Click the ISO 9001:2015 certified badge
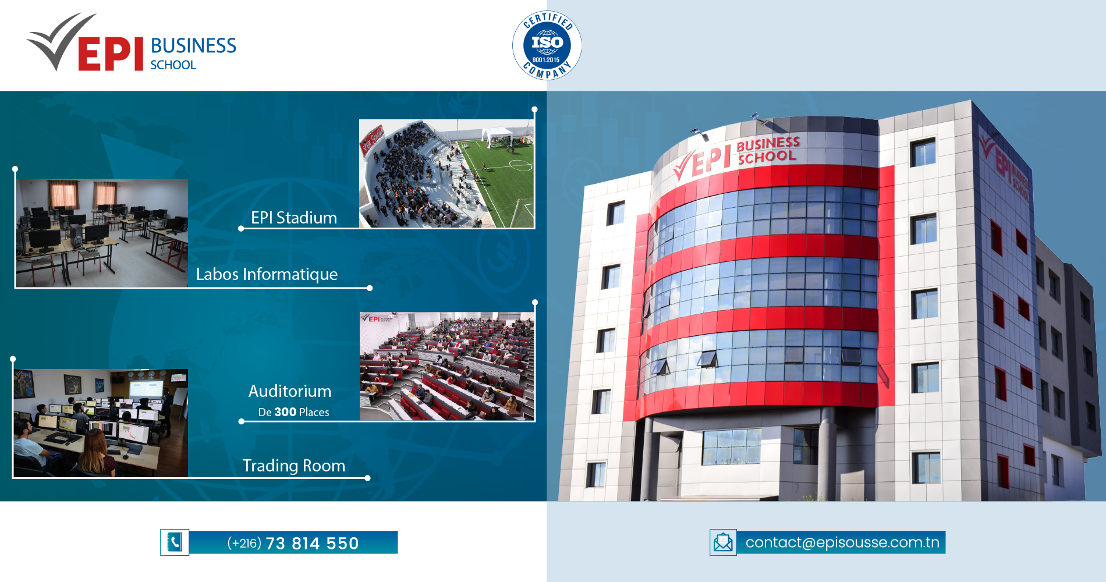[x=547, y=45]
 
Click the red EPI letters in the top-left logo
[x=111, y=54]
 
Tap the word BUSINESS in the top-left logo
[x=193, y=45]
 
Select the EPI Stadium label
[x=294, y=218]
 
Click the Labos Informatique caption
[x=267, y=274]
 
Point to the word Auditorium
[x=290, y=391]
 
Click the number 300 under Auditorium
[x=285, y=412]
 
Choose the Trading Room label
[x=294, y=466]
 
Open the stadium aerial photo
[x=446, y=173]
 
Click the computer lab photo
[x=102, y=233]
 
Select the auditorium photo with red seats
[x=446, y=366]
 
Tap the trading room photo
[x=101, y=423]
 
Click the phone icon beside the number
[x=175, y=542]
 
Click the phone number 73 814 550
[x=312, y=544]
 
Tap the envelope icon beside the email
[x=723, y=542]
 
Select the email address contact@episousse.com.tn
[x=842, y=542]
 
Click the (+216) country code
[x=244, y=543]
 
